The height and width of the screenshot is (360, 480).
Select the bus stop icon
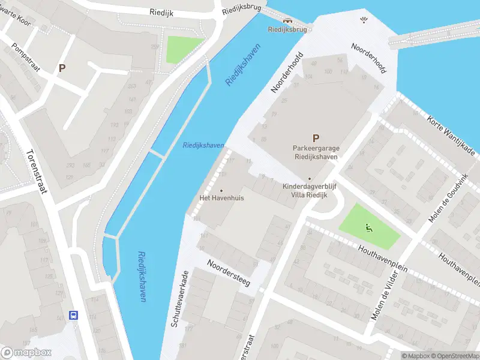click(x=74, y=315)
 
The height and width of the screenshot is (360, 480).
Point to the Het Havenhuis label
click(x=221, y=197)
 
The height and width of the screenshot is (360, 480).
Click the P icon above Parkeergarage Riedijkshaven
click(x=316, y=138)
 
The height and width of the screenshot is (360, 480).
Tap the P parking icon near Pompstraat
click(x=61, y=68)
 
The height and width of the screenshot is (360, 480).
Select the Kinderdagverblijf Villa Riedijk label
click(x=310, y=190)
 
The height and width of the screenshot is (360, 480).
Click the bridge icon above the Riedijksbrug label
click(x=288, y=19)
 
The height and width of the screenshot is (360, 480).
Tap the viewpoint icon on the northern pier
click(x=363, y=20)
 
